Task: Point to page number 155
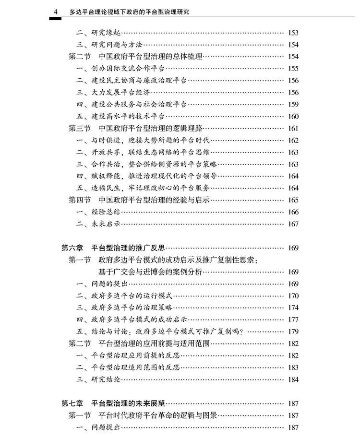coord(293,69)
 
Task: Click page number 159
coord(293,105)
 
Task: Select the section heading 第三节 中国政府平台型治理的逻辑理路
coord(136,129)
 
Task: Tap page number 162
coord(293,141)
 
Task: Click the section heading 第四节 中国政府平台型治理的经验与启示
coord(140,200)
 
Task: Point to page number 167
coord(293,224)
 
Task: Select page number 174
coord(293,308)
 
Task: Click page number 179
coord(293,331)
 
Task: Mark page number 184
coord(293,379)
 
